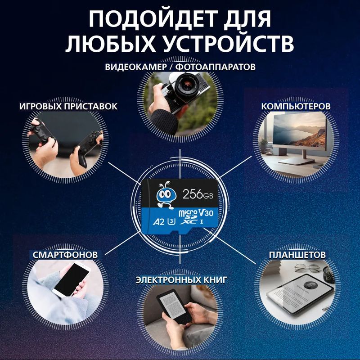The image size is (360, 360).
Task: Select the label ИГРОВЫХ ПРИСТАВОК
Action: pos(68,106)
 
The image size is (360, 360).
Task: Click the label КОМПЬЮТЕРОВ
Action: pos(296,106)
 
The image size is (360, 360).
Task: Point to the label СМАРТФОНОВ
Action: pos(65,255)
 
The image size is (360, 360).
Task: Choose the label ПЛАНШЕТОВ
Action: pos(297,255)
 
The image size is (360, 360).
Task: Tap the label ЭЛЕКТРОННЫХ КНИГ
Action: pos(181,280)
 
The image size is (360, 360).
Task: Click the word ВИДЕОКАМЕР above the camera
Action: pos(136,67)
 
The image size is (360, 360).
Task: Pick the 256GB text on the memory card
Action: pos(198,195)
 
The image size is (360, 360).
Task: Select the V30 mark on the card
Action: pos(206,213)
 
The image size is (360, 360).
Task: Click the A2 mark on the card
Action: pos(159,222)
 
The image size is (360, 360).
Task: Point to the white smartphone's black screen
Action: pos(72,280)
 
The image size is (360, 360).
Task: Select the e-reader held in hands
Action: pos(175,306)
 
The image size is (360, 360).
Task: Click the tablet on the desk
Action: pos(300,294)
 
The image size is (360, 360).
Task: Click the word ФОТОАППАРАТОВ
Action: pos(216,67)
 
